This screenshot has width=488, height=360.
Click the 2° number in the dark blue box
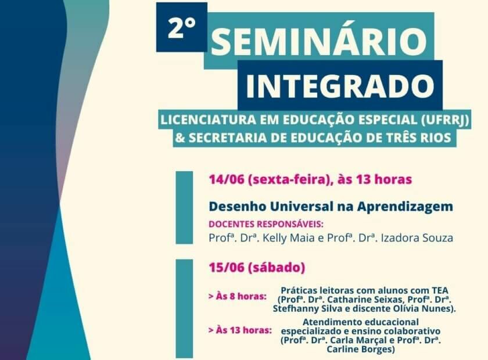[x=181, y=27]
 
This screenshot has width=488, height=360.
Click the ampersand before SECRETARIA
[x=180, y=138]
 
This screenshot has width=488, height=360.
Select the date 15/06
[x=227, y=267]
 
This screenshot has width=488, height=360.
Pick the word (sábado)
[x=277, y=268]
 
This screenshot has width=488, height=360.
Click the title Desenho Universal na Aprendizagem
[x=331, y=207]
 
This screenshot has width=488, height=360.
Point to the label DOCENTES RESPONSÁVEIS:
[x=266, y=224]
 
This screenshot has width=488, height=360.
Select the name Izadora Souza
[x=417, y=238]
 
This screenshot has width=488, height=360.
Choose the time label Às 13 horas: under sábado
[x=241, y=330]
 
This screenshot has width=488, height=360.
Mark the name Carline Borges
[x=360, y=349]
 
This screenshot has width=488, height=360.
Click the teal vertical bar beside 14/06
[x=184, y=207]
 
